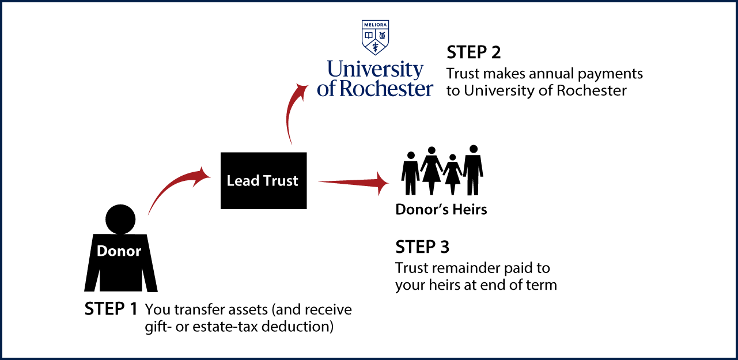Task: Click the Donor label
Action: click(x=119, y=251)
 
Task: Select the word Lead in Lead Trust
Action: click(x=239, y=181)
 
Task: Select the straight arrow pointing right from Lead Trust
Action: click(x=351, y=183)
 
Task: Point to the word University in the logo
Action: click(x=375, y=70)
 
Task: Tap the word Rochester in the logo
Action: click(x=386, y=88)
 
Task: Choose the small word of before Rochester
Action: click(x=326, y=89)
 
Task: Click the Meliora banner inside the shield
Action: click(x=375, y=25)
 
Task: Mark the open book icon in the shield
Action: click(x=369, y=35)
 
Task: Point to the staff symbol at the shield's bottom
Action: click(x=375, y=47)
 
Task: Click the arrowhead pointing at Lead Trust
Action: click(x=203, y=174)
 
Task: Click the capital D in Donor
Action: click(x=103, y=251)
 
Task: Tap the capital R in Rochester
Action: click(x=347, y=88)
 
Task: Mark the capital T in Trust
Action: click(x=267, y=181)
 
